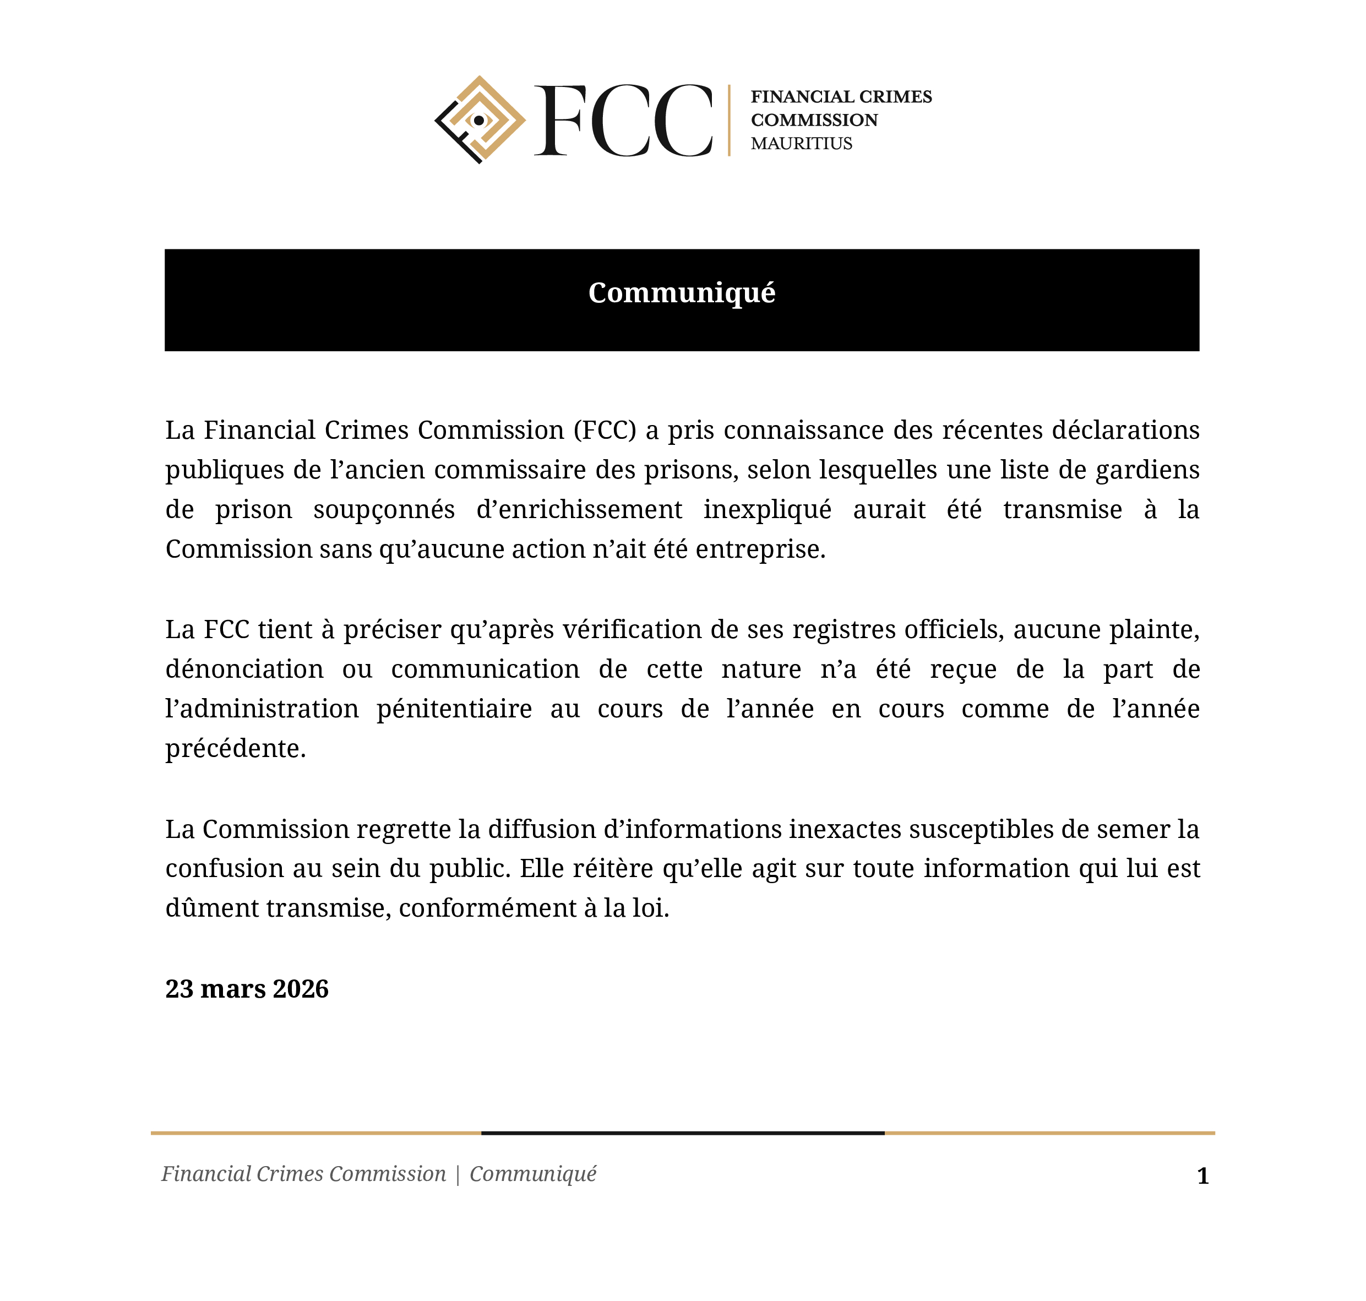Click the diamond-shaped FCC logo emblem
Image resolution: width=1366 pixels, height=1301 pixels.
click(x=479, y=120)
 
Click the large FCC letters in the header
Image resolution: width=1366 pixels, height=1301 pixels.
click(x=623, y=121)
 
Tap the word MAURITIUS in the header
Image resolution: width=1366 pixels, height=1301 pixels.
click(x=801, y=144)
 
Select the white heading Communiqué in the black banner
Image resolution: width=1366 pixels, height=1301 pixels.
click(x=682, y=293)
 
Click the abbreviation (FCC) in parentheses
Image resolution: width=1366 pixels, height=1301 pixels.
click(x=604, y=431)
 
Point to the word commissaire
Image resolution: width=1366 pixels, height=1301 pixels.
click(x=510, y=470)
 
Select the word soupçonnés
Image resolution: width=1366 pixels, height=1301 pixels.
click(x=383, y=510)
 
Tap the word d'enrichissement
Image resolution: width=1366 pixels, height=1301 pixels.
click(x=579, y=510)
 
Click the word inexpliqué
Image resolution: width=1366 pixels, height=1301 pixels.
click(x=767, y=510)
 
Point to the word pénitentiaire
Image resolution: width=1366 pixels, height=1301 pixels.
click(x=454, y=709)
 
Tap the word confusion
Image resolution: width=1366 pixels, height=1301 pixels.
click(x=224, y=869)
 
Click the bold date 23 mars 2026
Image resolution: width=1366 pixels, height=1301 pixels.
click(x=247, y=989)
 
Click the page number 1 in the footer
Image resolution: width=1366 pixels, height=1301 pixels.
click(x=1203, y=1176)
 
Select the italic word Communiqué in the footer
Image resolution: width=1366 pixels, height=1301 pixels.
click(x=532, y=1174)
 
